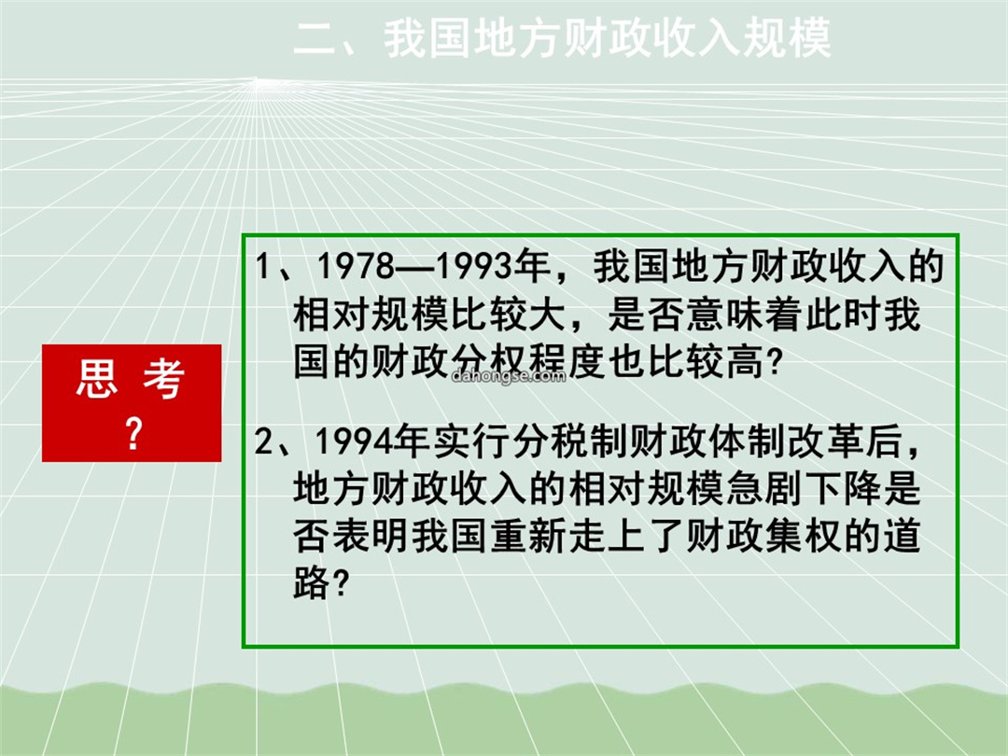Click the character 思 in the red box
tap(97, 378)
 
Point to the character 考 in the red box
tap(164, 378)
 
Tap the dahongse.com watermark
tap(509, 375)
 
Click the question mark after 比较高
tap(776, 363)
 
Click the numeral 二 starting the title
tap(315, 38)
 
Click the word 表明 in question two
tap(371, 536)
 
